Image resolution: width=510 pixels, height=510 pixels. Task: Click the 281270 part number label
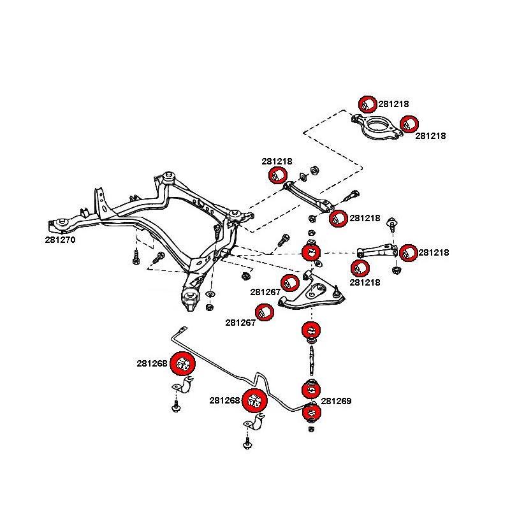coord(61,240)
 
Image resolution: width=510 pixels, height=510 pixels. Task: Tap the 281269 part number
coord(336,401)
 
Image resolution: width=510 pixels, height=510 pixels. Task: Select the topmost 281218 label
coord(393,103)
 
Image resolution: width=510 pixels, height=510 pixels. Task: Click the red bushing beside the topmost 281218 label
coord(367,104)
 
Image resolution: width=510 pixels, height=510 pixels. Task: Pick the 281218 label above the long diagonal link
coord(277,162)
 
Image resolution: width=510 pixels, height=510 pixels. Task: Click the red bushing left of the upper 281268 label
coord(183,364)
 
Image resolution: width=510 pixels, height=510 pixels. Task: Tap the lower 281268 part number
coord(224,401)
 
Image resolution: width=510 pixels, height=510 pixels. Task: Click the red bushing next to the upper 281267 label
coord(291,281)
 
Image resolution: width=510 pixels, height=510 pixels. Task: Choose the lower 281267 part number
coord(240,323)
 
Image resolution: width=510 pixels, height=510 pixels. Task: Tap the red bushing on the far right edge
coord(409,252)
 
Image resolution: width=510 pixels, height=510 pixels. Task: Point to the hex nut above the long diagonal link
coord(314,170)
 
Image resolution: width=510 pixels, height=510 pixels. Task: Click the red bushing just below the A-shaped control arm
coord(310,331)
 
